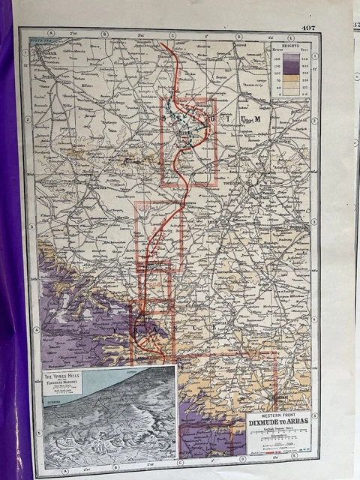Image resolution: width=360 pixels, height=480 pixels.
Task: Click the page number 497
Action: click(307, 28)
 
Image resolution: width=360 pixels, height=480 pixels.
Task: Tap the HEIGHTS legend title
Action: click(290, 45)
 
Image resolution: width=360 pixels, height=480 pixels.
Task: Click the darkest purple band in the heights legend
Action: click(290, 58)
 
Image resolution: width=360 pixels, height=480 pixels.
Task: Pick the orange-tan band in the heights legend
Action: click(290, 80)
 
